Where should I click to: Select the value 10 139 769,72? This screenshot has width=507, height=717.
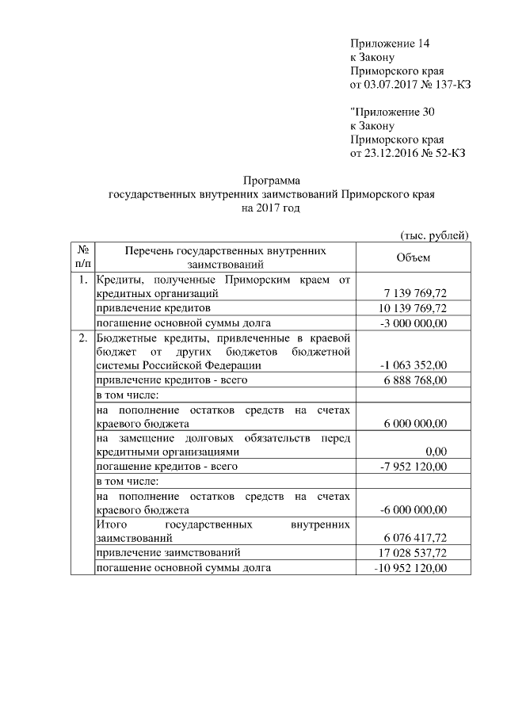415,308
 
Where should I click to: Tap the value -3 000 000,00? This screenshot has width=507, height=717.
415,322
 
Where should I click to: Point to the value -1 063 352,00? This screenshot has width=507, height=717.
414,365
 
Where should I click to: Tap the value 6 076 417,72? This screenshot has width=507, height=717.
415,537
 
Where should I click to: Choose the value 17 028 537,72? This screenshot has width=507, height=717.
414,551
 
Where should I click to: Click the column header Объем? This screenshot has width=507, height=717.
413,257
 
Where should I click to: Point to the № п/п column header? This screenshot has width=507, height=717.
82,257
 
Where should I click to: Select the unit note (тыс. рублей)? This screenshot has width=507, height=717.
433,235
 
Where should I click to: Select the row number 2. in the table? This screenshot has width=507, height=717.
82,338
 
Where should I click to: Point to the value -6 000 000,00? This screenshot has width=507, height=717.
415,509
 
